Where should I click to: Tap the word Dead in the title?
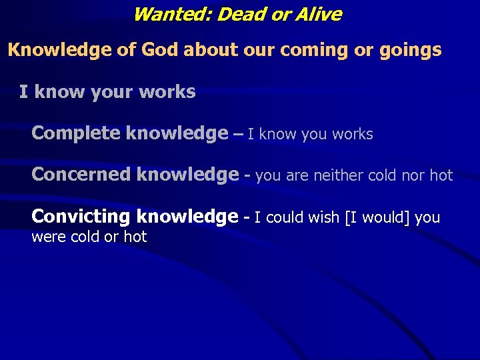pos(235,14)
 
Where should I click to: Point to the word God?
pos(161,50)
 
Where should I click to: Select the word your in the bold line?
pos(103,92)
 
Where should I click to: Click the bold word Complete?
pos(76,134)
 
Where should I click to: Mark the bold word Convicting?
pos(81,217)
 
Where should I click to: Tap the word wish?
pos(323,217)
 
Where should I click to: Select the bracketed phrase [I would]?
pos(377,217)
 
